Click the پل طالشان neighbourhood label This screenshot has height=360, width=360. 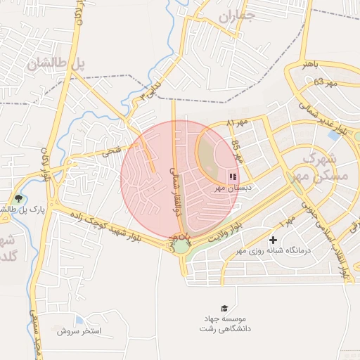point(55,63)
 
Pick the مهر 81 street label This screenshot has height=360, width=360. point(238,124)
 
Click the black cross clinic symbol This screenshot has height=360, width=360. point(273,240)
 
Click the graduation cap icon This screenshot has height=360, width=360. point(224,308)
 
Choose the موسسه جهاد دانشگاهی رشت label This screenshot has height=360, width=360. point(225,323)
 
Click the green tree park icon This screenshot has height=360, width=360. point(19,200)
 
